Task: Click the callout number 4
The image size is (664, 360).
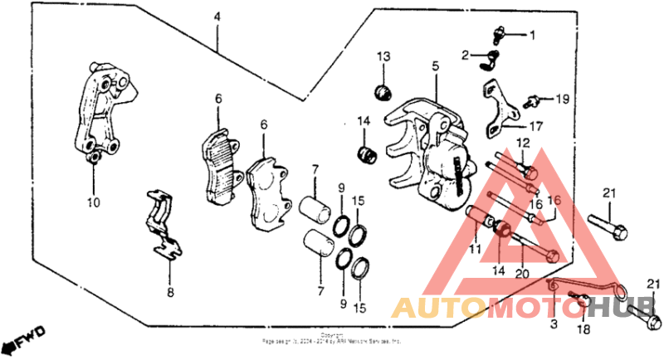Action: coord(217,17)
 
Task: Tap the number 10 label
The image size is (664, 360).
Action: coord(94,202)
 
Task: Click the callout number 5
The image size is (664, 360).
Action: coord(434,66)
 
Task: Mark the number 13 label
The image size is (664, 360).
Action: coord(383,56)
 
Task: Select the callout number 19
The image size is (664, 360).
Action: coord(563,100)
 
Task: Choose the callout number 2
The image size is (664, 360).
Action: coord(467,56)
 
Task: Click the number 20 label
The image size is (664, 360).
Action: coord(521,275)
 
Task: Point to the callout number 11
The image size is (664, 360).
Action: coord(475,248)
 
